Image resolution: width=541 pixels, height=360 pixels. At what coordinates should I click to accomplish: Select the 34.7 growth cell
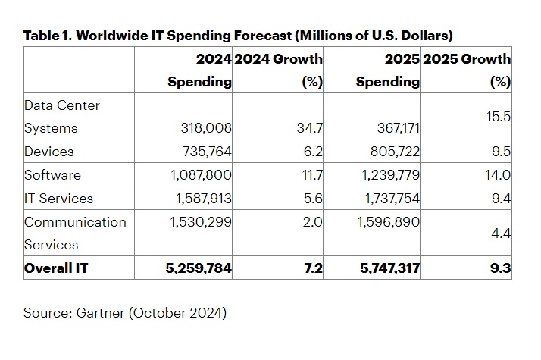point(311,129)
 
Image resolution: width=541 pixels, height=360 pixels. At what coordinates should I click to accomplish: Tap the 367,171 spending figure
point(390,129)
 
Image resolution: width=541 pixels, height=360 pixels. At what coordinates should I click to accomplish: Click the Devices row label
point(48,152)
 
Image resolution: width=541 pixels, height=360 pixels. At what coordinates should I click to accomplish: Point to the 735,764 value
point(202,152)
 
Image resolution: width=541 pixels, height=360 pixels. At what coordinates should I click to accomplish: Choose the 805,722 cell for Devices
point(390,152)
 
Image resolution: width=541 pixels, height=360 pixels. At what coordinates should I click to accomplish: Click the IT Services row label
point(58,199)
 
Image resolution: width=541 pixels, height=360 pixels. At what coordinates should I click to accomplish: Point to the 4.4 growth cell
point(501,233)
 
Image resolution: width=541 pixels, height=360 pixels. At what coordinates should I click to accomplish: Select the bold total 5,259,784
point(195,268)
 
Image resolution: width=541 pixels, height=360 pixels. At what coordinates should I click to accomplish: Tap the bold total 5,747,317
point(383,268)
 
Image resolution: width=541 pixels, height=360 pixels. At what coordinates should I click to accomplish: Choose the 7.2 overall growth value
point(313,268)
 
